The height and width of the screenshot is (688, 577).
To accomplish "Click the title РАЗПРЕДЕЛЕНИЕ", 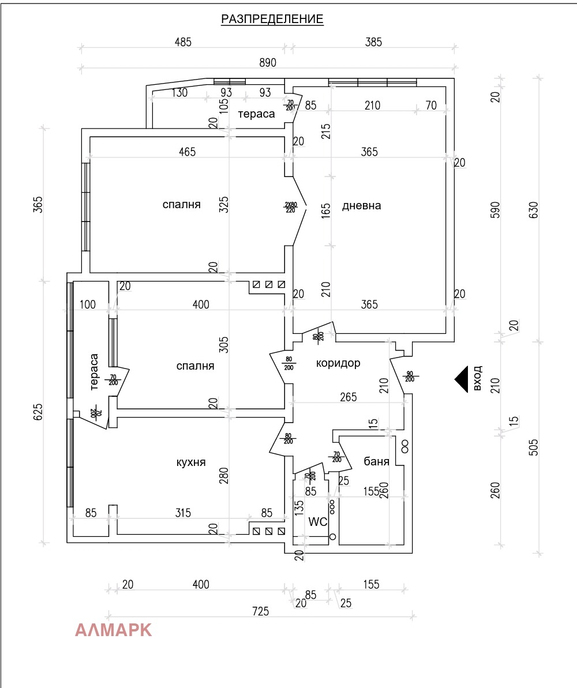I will click(x=272, y=20).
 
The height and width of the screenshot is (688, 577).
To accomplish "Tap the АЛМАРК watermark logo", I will click(x=114, y=630).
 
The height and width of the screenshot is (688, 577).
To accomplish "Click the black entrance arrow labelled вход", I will click(x=461, y=379).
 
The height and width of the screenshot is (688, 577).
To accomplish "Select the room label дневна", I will click(x=361, y=205).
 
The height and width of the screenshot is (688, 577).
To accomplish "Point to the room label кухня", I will click(x=190, y=462).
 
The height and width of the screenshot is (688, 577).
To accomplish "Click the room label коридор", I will click(x=338, y=363).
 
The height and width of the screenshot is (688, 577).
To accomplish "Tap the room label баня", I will click(x=376, y=461).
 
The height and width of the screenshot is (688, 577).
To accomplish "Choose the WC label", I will click(x=318, y=522).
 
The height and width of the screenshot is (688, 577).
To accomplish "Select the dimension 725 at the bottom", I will click(x=260, y=611).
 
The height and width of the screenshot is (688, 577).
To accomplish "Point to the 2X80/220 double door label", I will click(x=290, y=207).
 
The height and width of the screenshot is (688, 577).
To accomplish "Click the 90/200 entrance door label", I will click(x=410, y=376).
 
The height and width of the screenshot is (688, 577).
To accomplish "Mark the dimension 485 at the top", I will click(x=182, y=42).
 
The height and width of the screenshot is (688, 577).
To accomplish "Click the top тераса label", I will click(x=257, y=114).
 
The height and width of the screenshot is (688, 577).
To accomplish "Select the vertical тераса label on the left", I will click(x=95, y=371).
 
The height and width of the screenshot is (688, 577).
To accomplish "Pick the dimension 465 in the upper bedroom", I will click(x=187, y=152).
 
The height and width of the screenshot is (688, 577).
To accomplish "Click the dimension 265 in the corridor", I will click(x=348, y=397).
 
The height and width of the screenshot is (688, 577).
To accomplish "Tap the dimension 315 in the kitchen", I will click(x=182, y=513).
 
